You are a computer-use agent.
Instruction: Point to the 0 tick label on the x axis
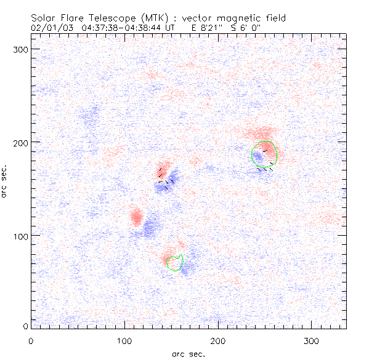point(30,340)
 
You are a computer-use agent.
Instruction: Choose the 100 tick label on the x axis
point(124,340)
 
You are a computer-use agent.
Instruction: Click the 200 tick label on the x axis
point(217,340)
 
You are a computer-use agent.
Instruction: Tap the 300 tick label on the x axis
point(311,340)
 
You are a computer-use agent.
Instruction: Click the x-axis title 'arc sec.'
point(188,354)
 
